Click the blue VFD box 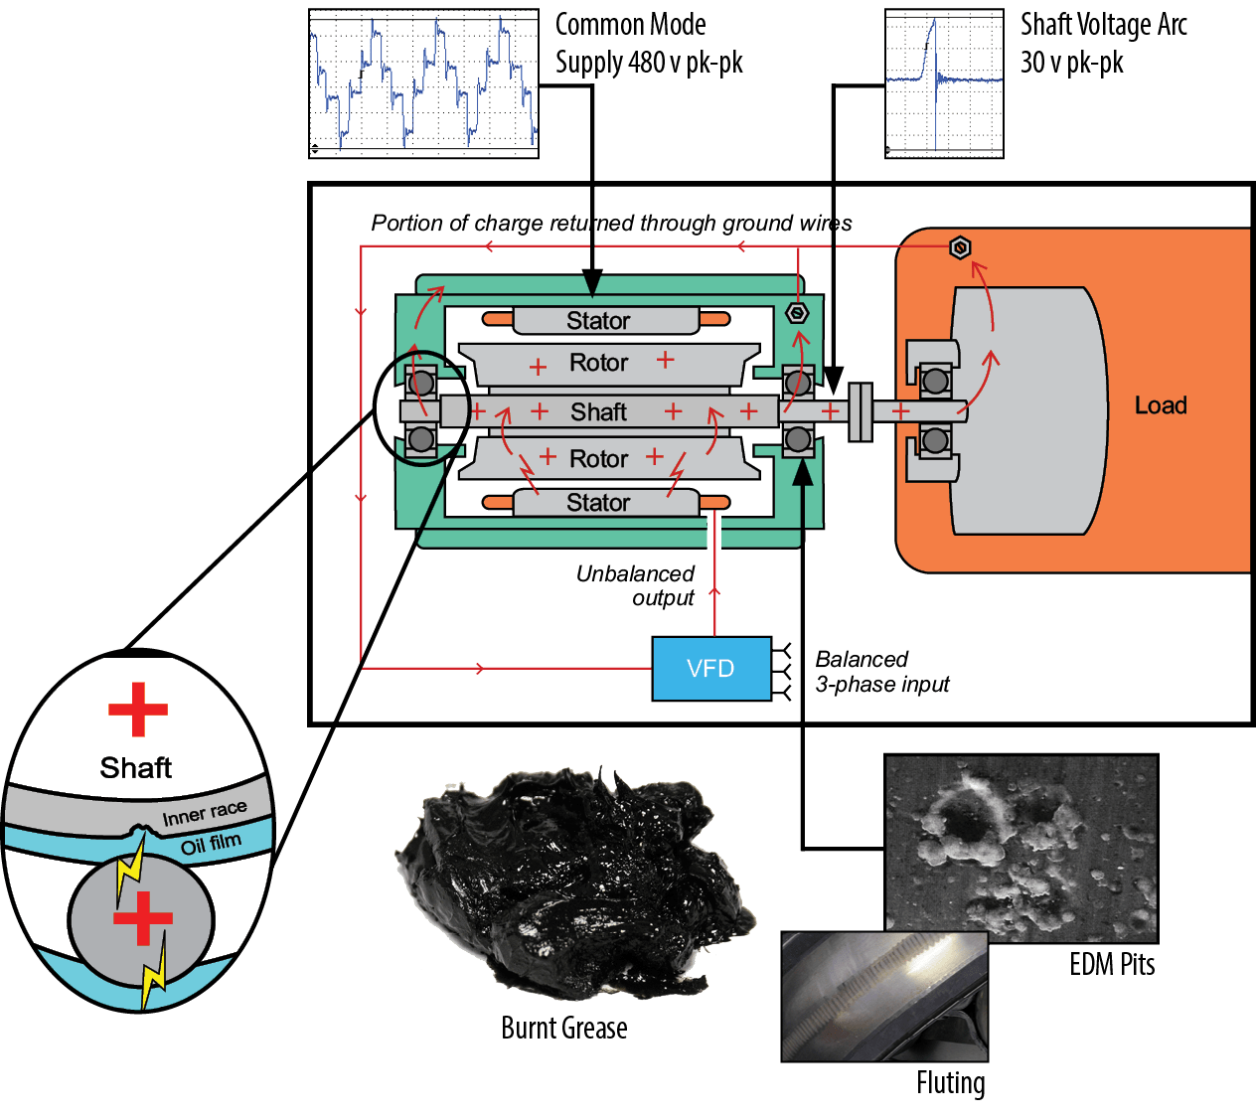[x=710, y=669]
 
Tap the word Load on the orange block [x=1160, y=405]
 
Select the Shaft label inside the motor [x=598, y=411]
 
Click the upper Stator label [x=598, y=321]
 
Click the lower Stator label [x=598, y=503]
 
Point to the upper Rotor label [x=598, y=363]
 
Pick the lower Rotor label [x=598, y=458]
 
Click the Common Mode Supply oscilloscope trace [x=423, y=83]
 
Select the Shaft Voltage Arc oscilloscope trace [x=944, y=83]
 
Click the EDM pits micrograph [x=1020, y=847]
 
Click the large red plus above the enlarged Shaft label [x=138, y=709]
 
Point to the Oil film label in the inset [x=211, y=845]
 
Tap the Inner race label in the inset [x=204, y=814]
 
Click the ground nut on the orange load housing [x=960, y=247]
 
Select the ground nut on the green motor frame [x=796, y=313]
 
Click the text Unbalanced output [x=636, y=585]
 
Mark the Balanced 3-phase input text [x=881, y=672]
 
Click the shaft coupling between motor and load [x=860, y=411]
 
